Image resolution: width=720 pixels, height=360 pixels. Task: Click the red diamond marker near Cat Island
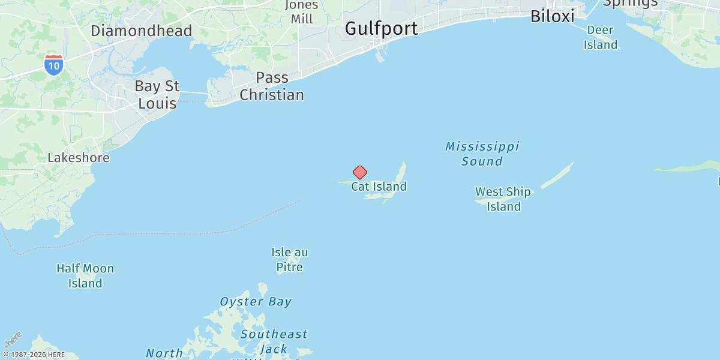coord(359,173)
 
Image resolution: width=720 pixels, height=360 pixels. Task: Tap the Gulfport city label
coord(382,28)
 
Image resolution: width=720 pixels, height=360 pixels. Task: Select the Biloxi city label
coord(552,16)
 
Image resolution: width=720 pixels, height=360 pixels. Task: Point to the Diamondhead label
coord(142,31)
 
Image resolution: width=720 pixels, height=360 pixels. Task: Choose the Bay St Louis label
coord(157,95)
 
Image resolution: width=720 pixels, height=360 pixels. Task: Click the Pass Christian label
coord(272,86)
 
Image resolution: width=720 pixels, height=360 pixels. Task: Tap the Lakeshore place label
coord(79,158)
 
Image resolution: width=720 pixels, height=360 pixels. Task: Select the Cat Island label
coord(379,187)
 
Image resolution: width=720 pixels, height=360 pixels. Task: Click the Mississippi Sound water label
coord(482,154)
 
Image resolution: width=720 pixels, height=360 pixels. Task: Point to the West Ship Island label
coord(503,199)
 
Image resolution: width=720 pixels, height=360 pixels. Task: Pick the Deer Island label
coord(600,37)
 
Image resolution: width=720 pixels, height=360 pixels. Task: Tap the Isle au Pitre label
coord(290,260)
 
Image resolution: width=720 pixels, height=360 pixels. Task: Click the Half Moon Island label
coord(85,276)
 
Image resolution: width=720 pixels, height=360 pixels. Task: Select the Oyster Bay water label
coord(256,302)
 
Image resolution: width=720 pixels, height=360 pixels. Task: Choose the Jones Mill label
coord(302,12)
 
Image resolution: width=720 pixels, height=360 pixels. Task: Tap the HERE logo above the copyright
coord(13,339)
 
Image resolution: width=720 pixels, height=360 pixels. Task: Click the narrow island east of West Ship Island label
coord(558,175)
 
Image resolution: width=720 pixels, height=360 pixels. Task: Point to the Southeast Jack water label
coord(274,341)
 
